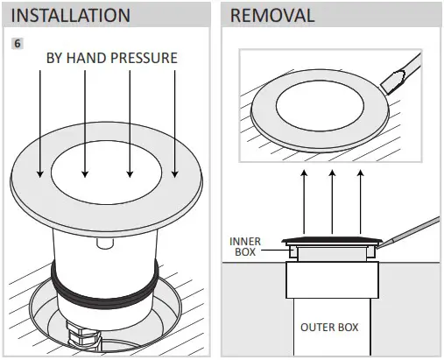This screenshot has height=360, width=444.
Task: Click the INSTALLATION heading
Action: click(71, 16)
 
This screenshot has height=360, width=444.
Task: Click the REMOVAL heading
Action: click(272, 16)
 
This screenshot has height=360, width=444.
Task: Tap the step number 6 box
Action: click(18, 43)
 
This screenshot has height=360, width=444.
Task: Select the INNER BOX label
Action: click(245, 246)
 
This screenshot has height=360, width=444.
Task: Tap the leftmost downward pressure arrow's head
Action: click(39, 174)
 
